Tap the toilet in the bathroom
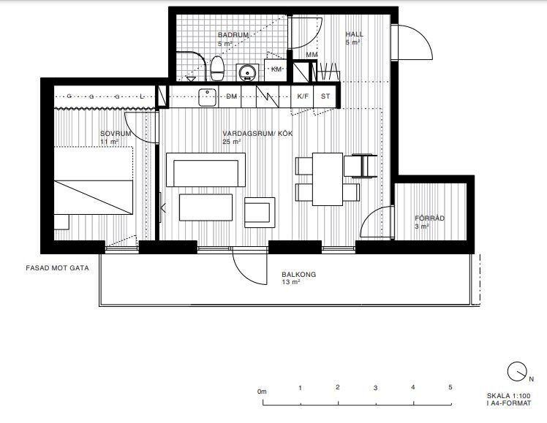coord(217,68)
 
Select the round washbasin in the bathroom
coord(248,72)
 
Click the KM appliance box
coord(276,69)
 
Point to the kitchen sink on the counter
coord(208,97)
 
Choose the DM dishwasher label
coord(231,96)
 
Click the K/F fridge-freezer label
coord(303,96)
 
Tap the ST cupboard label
coord(325,96)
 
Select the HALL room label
coord(354,34)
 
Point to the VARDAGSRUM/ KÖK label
coord(257,134)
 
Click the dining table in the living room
coord(327,179)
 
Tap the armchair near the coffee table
coord(260,213)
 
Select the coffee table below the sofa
coord(205,207)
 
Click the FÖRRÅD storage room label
coord(429,218)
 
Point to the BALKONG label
coord(298,274)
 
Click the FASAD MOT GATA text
coord(57,268)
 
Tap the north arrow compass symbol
coord(517,372)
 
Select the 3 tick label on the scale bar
coord(375,388)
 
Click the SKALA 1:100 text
coord(509,396)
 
